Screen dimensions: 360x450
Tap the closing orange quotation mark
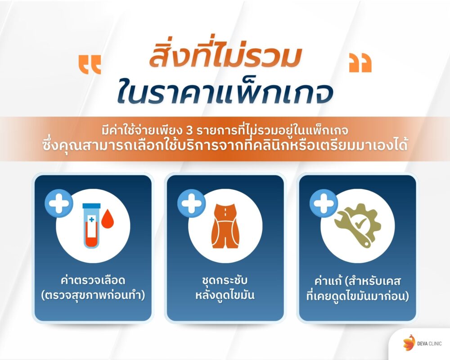pos(360,64)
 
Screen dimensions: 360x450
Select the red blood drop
pos(108,220)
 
